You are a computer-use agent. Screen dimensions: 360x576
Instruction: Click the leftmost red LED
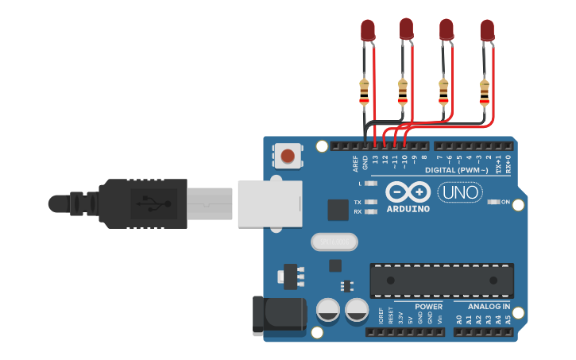tap(368, 30)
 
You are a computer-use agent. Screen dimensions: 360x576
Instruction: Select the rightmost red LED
tap(487, 30)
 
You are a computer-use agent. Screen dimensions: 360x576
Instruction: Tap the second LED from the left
tap(406, 29)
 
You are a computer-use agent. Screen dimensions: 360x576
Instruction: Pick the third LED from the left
tap(446, 30)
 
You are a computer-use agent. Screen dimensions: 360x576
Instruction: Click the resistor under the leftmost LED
tap(365, 92)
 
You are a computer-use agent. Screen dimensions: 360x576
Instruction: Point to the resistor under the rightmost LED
tap(485, 92)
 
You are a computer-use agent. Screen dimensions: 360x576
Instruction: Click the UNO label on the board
tap(456, 192)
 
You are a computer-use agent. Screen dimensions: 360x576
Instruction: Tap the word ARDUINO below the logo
tap(408, 209)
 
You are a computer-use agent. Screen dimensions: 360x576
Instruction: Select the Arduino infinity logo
tap(408, 192)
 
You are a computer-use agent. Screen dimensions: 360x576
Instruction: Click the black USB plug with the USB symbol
tap(143, 203)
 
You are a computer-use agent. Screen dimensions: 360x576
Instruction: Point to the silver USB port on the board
tap(270, 203)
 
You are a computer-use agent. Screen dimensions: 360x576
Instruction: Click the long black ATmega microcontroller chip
tap(441, 281)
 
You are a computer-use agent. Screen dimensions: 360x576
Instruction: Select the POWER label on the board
tap(428, 306)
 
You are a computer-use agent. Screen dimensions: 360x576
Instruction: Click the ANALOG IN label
tap(489, 306)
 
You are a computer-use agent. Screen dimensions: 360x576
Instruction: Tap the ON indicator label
tap(506, 202)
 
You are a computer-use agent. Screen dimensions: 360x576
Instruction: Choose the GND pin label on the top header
tap(365, 162)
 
